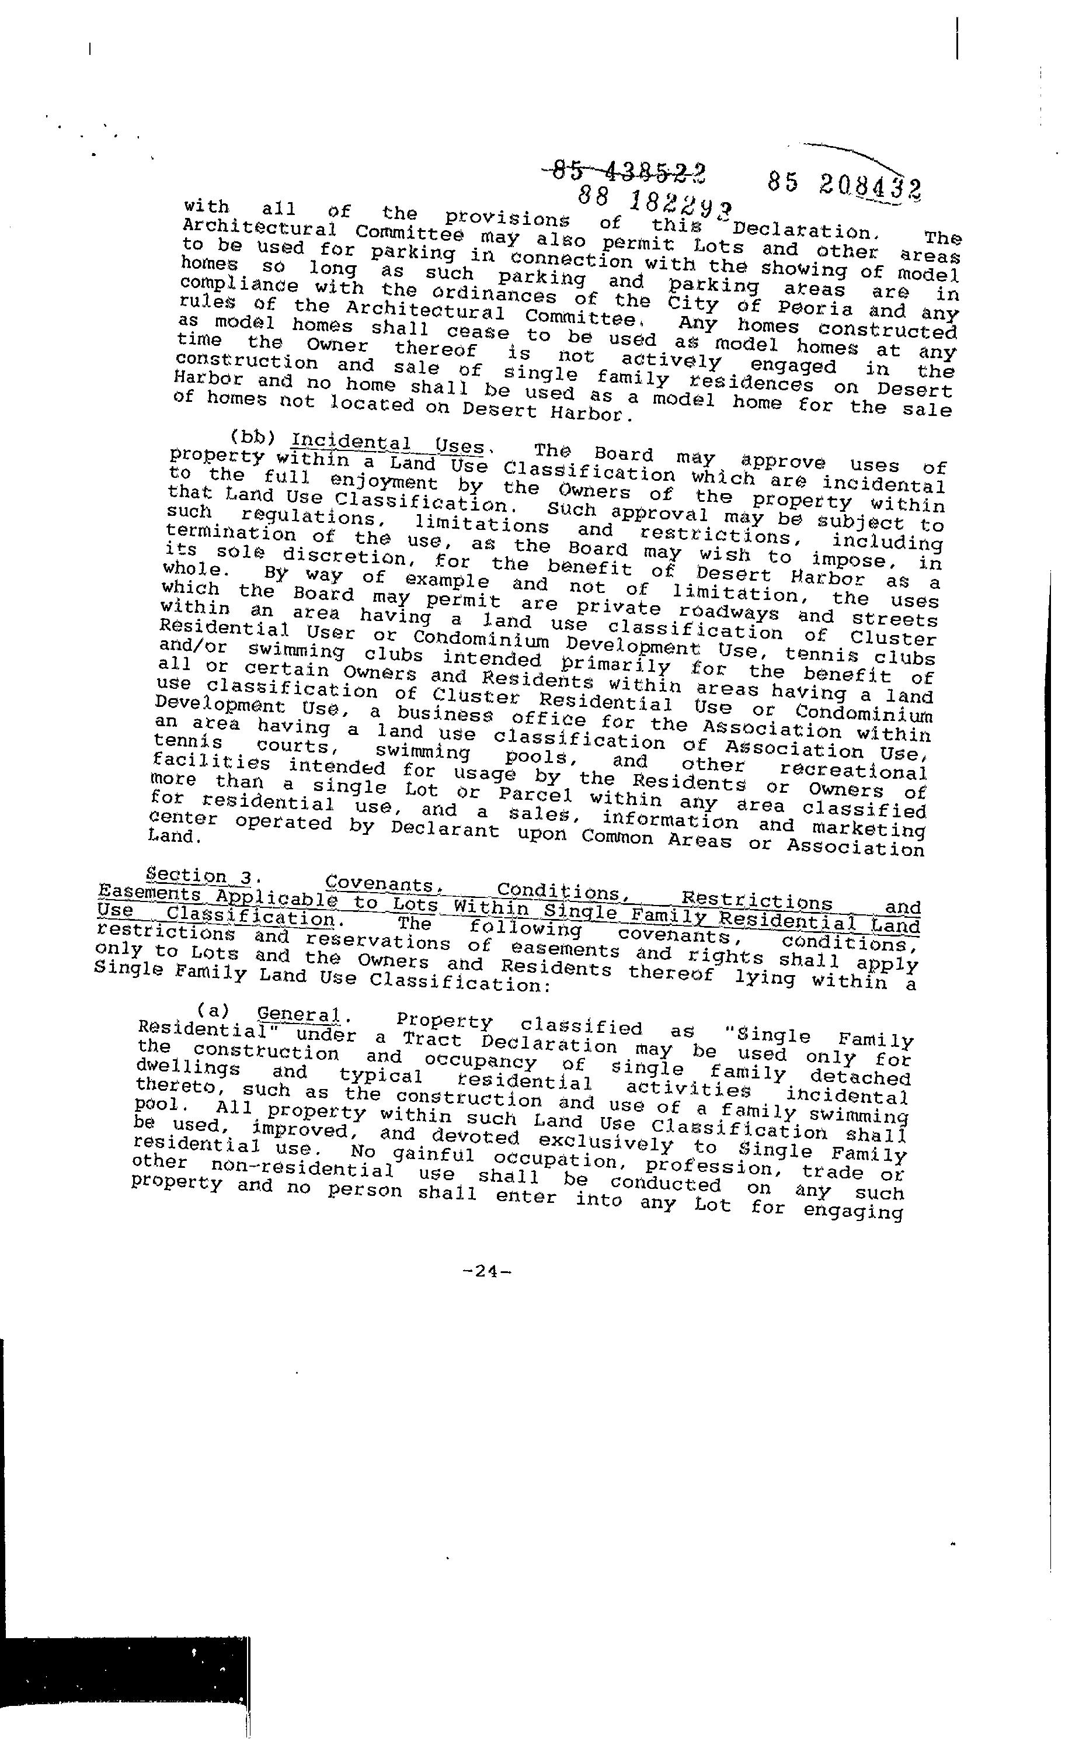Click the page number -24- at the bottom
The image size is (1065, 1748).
tap(486, 1271)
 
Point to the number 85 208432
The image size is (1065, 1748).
tap(844, 186)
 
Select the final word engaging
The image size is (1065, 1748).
tap(853, 1211)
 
